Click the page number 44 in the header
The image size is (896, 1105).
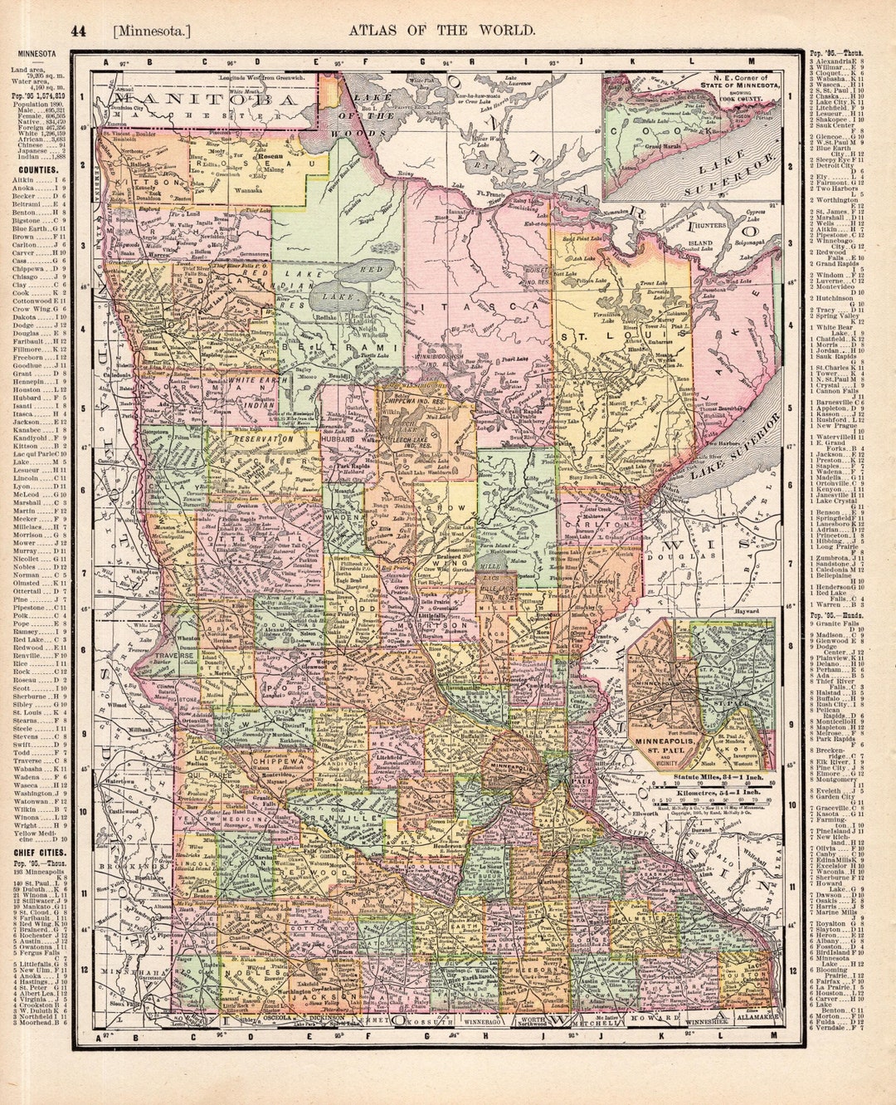pos(78,32)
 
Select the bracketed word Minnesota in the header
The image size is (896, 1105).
pos(152,32)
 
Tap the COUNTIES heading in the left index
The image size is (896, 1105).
pos(34,169)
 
